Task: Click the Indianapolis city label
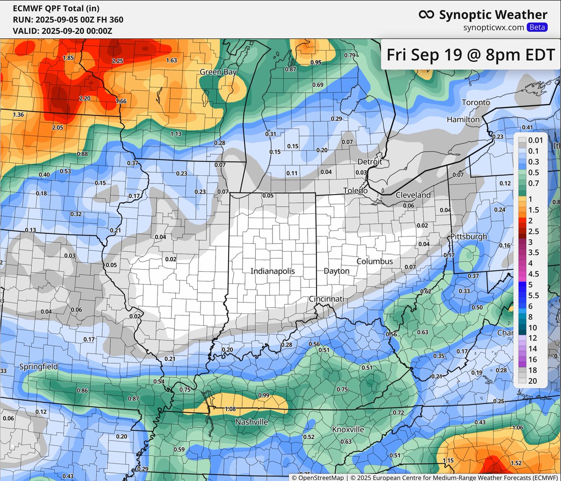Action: (x=273, y=271)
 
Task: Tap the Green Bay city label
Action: (x=218, y=72)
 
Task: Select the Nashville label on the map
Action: (x=252, y=422)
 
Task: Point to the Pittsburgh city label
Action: (x=468, y=236)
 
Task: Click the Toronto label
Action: (x=476, y=102)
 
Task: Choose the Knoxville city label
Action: (x=348, y=429)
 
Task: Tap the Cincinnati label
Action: (x=326, y=299)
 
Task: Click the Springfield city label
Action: (x=39, y=367)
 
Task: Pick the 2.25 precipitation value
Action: (x=117, y=61)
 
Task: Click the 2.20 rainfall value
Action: (x=86, y=98)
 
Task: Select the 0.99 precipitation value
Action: (x=264, y=395)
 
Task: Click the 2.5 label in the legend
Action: (x=533, y=231)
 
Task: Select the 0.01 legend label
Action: (x=534, y=140)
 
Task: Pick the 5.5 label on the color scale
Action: (x=533, y=295)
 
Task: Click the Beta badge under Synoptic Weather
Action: (x=537, y=27)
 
